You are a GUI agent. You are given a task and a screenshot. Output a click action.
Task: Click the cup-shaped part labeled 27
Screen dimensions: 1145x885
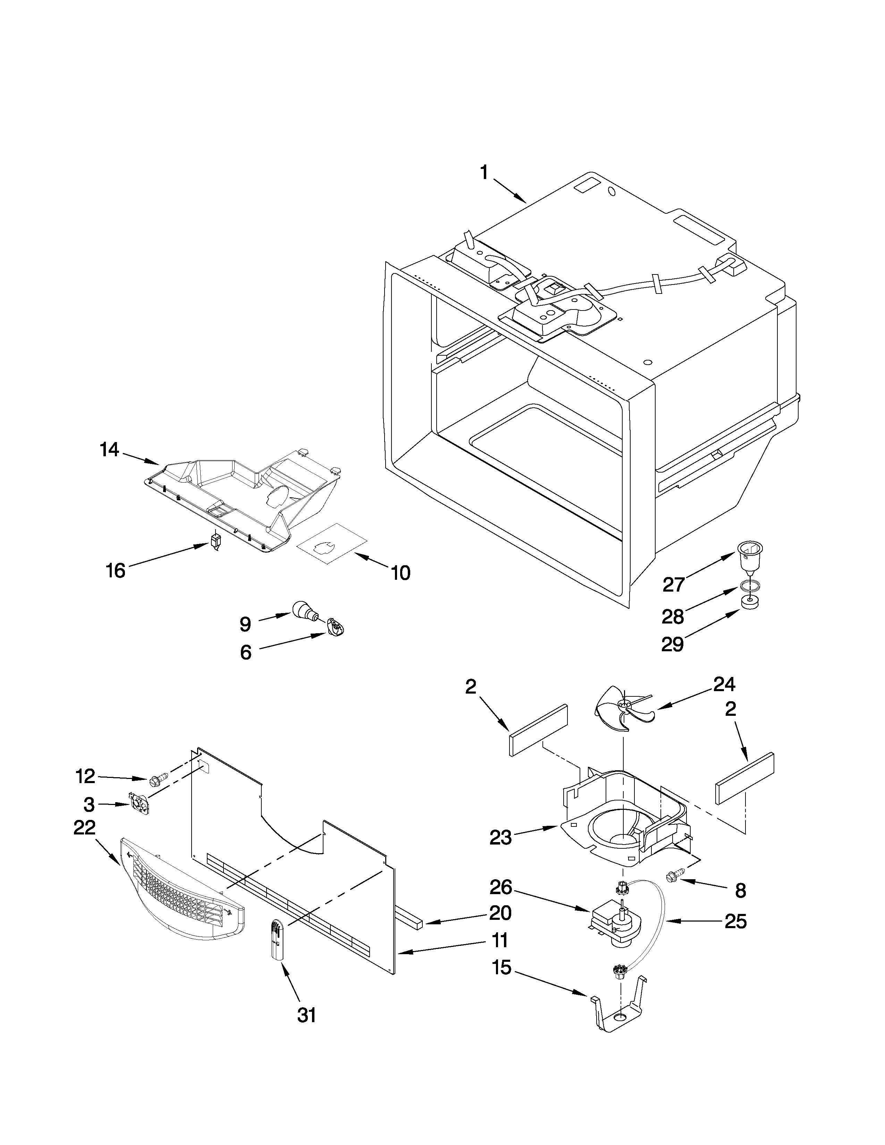[x=750, y=557]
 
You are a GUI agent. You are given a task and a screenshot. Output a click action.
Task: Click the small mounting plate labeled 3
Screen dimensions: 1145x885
[x=140, y=804]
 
